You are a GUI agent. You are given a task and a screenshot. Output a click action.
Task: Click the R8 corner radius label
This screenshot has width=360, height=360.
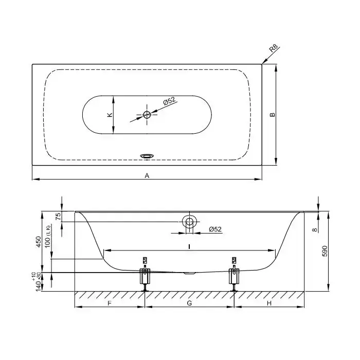(x=274, y=49)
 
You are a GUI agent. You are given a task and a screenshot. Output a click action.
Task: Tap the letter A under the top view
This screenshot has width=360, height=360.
(x=147, y=176)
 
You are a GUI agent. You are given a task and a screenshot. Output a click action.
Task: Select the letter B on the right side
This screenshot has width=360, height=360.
(x=272, y=114)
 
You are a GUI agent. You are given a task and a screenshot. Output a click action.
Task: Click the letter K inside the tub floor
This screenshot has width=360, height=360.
(x=110, y=115)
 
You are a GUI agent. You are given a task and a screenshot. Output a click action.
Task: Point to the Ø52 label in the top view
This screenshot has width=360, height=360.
(x=169, y=101)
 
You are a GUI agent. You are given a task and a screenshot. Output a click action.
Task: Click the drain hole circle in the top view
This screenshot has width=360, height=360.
(x=147, y=115)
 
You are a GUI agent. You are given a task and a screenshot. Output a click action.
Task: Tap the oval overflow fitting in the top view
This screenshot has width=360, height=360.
(x=147, y=156)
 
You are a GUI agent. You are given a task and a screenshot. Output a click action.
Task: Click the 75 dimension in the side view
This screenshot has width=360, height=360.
(x=59, y=216)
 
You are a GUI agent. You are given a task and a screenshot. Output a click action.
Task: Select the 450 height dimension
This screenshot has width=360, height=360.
(x=39, y=242)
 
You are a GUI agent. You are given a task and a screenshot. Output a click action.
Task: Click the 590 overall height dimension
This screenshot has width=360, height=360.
(x=325, y=251)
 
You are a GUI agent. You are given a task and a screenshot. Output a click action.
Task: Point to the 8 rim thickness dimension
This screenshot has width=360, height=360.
(x=315, y=229)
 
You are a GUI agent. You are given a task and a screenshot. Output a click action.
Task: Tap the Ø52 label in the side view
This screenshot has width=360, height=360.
(x=215, y=229)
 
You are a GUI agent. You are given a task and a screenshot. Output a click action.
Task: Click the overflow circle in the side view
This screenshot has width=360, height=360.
(x=189, y=222)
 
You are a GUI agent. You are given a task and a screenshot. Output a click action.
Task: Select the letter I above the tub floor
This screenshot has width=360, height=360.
(x=189, y=246)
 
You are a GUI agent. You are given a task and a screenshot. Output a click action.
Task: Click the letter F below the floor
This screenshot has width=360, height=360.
(x=110, y=303)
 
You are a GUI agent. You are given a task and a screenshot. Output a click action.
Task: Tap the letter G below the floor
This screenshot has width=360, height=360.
(x=189, y=303)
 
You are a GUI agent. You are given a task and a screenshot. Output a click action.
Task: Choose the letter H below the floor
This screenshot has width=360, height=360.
(x=269, y=303)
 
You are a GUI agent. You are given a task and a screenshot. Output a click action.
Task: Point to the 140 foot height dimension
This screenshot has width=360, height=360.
(x=39, y=285)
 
